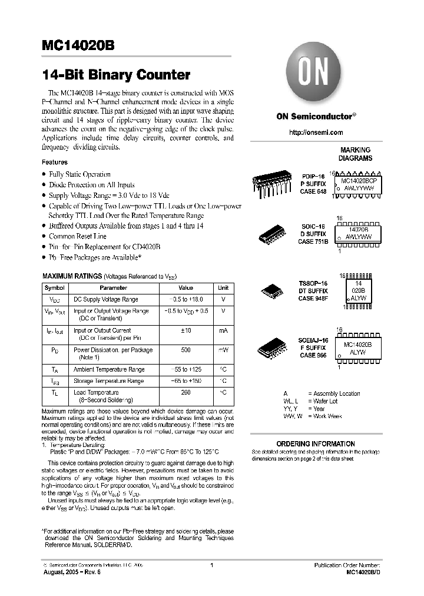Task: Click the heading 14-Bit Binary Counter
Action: click(x=116, y=75)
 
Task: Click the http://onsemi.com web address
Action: click(x=316, y=133)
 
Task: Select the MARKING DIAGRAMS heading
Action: click(x=355, y=154)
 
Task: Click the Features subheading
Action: click(x=54, y=162)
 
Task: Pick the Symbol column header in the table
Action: click(x=55, y=288)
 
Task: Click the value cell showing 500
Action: click(x=185, y=350)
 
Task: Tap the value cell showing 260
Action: click(x=185, y=392)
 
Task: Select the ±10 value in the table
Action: click(x=185, y=331)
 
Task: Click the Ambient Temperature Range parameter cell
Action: click(x=109, y=369)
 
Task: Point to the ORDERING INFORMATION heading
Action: click(x=316, y=443)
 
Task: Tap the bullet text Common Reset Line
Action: click(x=78, y=236)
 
